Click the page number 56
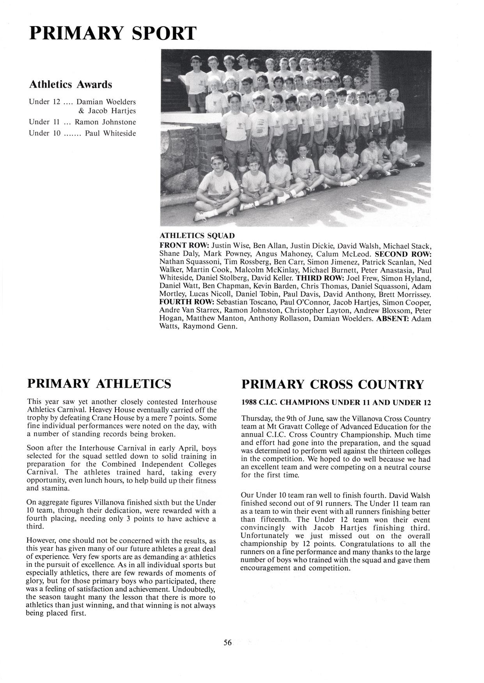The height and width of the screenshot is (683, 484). click(228, 643)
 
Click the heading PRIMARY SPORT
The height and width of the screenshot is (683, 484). click(113, 33)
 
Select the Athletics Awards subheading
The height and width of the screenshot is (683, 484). click(71, 84)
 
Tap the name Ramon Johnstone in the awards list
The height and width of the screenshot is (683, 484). click(105, 122)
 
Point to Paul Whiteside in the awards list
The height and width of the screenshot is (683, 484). click(110, 134)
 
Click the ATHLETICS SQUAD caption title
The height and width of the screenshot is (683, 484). click(197, 236)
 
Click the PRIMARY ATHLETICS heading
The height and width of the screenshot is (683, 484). click(99, 384)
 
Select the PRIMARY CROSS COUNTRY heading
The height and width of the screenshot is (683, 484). click(332, 384)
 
